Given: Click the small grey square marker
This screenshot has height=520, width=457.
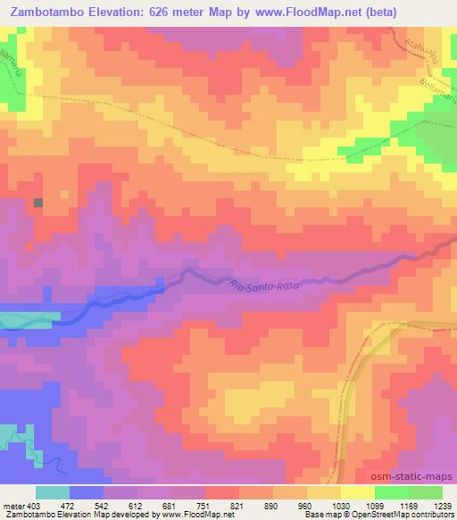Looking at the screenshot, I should coord(38,203).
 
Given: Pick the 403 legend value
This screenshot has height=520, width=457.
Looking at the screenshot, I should coord(34,505).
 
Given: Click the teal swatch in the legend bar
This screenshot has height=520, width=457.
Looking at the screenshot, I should coord(53,492).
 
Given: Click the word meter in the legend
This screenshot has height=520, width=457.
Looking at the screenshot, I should coord(12,505).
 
